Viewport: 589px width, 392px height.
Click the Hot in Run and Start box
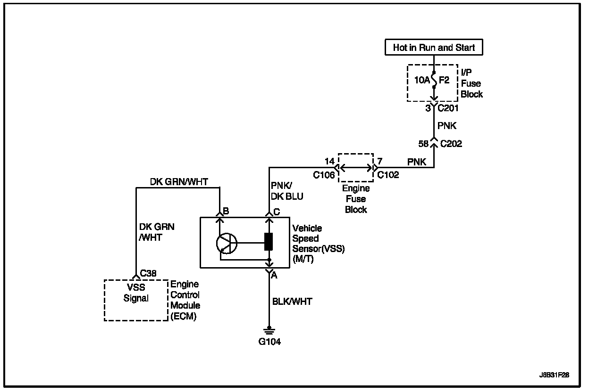coord(434,48)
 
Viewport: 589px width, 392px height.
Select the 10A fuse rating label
coord(422,81)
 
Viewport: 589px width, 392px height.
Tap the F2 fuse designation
coord(444,81)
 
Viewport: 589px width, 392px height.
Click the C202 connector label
coord(451,144)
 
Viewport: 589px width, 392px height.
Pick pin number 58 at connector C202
coord(423,144)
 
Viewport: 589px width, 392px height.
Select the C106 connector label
coord(324,175)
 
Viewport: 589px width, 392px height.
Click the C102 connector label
coord(388,175)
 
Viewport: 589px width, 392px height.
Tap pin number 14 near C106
coord(329,162)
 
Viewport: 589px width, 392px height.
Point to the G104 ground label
coord(269,342)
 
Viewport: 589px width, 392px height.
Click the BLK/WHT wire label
coord(292,302)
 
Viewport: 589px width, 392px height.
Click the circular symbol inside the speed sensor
coord(226,243)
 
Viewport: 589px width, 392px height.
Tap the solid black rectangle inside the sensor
coord(269,241)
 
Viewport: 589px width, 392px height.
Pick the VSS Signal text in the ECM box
coord(136,293)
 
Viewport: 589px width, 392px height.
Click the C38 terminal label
coord(148,273)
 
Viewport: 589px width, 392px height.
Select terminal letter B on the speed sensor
coord(226,212)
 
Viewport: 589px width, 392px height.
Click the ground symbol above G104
coord(269,330)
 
